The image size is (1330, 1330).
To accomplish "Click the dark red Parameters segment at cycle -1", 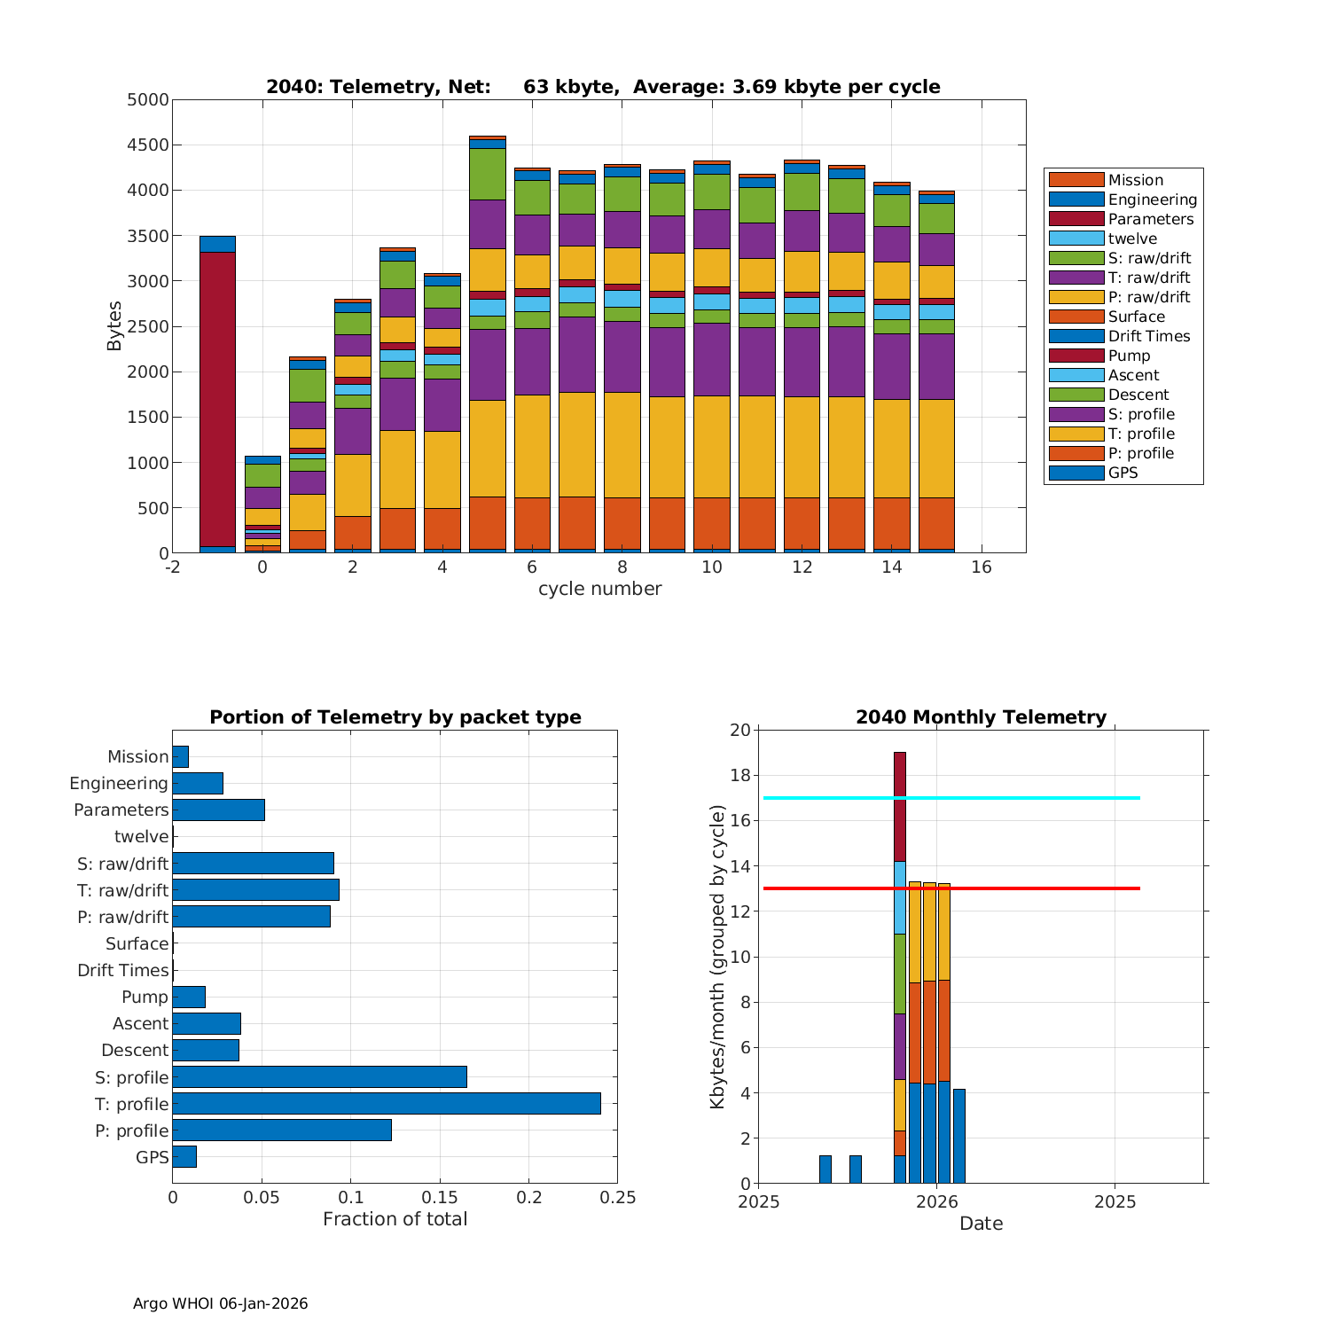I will coord(217,399).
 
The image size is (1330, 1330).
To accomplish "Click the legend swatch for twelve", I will coord(1076,239).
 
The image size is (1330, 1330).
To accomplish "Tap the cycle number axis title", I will coord(599,589).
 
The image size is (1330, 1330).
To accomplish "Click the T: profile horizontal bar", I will coord(387,1103).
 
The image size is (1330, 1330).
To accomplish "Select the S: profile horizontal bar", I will coord(319,1076).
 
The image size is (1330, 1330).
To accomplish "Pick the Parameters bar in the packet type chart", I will coord(218,810).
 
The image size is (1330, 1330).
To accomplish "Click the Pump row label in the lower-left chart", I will coord(145,997).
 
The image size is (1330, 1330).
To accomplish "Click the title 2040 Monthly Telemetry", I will coord(981,717).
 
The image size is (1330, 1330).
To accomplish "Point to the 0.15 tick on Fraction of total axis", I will coord(440,1198).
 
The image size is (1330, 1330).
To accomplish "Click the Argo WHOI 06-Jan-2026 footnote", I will coord(220,1303).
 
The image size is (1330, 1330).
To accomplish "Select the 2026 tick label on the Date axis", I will coord(936,1202).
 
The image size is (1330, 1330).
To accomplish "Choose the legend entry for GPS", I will coord(1123,473).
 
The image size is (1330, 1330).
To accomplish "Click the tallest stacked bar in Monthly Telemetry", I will coord(900,966).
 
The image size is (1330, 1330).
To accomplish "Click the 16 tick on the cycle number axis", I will coord(981,567).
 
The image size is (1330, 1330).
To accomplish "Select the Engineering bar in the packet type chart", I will coord(198,783).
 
